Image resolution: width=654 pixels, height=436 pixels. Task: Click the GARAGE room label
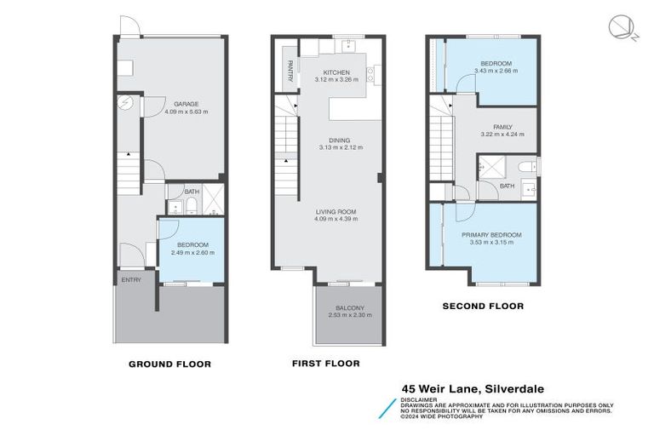coord(186,104)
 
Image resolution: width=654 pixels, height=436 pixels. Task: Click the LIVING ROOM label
coord(336,211)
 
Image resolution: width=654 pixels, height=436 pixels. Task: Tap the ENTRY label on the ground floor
coord(131,279)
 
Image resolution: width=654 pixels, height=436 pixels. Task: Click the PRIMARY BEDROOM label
coord(491,234)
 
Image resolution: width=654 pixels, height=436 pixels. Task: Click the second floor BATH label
coord(507,186)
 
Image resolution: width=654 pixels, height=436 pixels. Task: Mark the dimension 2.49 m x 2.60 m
coord(192,252)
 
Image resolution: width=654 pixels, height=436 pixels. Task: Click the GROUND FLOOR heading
coord(169,364)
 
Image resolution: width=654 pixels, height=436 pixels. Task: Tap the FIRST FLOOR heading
coord(326,363)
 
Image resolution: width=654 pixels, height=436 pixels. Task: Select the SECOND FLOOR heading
coord(483,306)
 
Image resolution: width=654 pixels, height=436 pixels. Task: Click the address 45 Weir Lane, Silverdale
coord(473,388)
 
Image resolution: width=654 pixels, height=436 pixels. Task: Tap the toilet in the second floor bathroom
coord(527,166)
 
